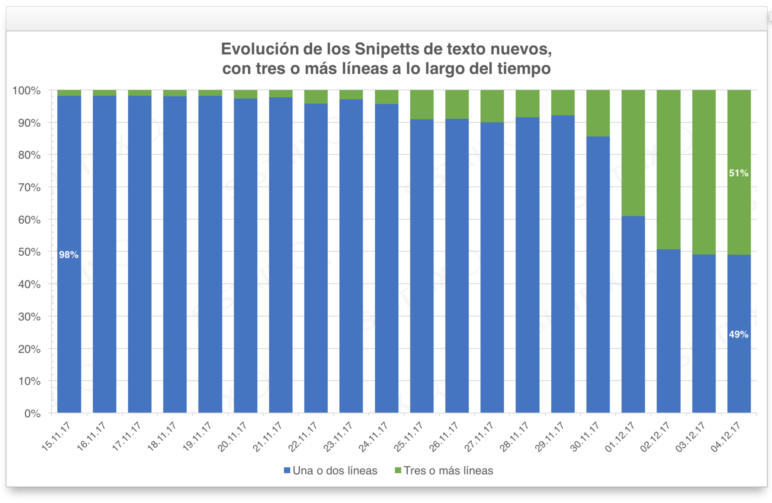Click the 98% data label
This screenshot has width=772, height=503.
point(69,255)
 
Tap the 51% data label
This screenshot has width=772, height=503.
point(739,173)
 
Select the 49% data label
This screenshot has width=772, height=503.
point(739,334)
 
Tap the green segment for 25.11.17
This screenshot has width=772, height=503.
point(422,104)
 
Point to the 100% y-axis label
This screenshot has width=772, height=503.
point(27,91)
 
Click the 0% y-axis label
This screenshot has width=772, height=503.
point(33,413)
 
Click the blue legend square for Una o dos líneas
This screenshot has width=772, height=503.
point(287,470)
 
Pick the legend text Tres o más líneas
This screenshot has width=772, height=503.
point(448,471)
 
